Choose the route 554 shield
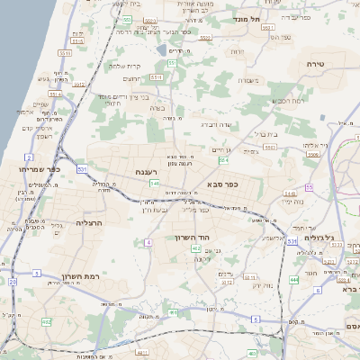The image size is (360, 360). (224, 160)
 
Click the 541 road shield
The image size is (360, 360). (155, 183)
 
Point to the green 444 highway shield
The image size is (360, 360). (294, 280)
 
